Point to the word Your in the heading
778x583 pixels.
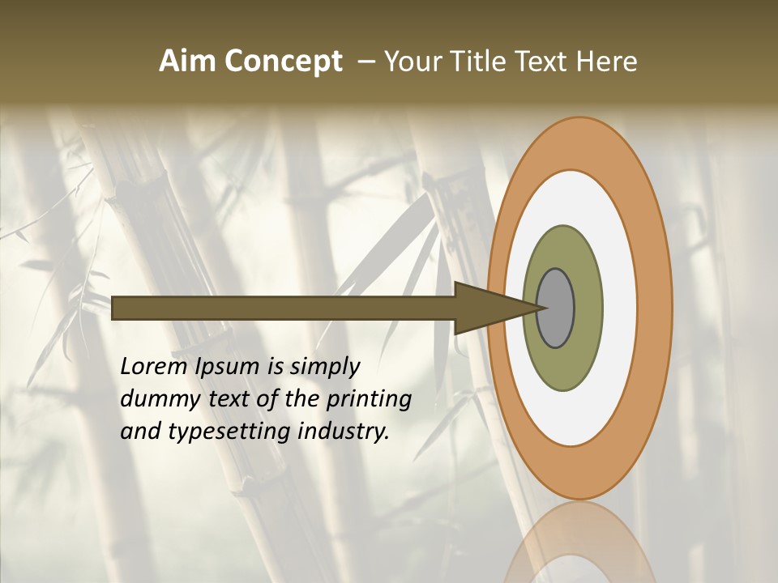(413, 62)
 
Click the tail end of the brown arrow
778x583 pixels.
(116, 308)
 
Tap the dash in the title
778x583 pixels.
(365, 62)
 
